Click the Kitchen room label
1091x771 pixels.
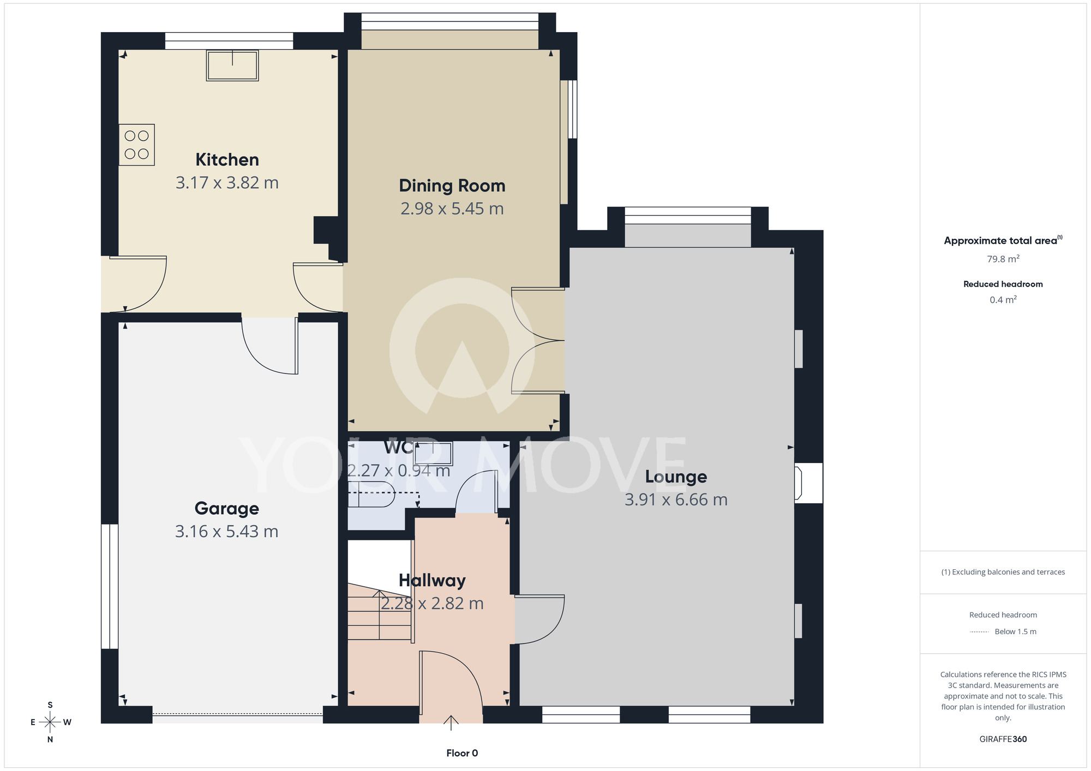pos(227,160)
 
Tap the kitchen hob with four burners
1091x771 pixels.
pos(137,145)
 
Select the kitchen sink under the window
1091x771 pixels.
pos(232,65)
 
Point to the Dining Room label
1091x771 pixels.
pos(452,186)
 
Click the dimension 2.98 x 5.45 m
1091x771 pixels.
pos(452,209)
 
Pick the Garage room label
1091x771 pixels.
pos(227,509)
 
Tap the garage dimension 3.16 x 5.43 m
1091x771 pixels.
pos(227,532)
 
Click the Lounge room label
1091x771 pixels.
pos(676,477)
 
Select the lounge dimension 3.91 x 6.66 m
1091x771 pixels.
pos(676,500)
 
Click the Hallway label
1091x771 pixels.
pos(432,581)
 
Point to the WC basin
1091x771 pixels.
pos(433,454)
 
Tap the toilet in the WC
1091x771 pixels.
pos(371,494)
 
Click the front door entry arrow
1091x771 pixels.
pos(451,722)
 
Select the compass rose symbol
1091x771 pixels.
pos(50,722)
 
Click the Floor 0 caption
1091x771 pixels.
pos(462,753)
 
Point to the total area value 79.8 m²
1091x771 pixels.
pos(1003,259)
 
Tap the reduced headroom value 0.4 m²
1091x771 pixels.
pos(1003,300)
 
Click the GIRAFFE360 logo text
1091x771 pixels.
pos(1003,739)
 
